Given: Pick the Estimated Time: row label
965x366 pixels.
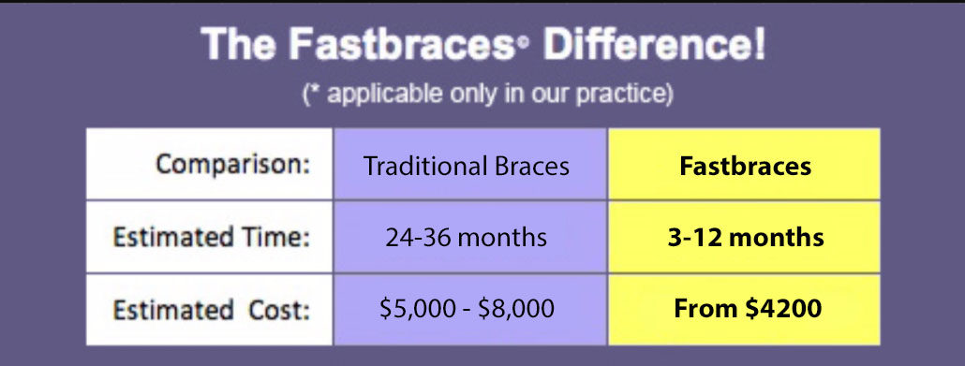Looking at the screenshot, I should (x=211, y=237).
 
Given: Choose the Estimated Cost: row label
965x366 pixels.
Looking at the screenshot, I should (x=211, y=309).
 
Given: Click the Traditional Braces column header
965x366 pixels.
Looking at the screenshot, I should (x=466, y=167).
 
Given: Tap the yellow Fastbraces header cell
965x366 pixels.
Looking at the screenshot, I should (x=747, y=167).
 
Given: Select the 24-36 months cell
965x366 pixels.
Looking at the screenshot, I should (x=466, y=238).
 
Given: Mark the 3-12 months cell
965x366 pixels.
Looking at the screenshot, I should (x=747, y=238).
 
